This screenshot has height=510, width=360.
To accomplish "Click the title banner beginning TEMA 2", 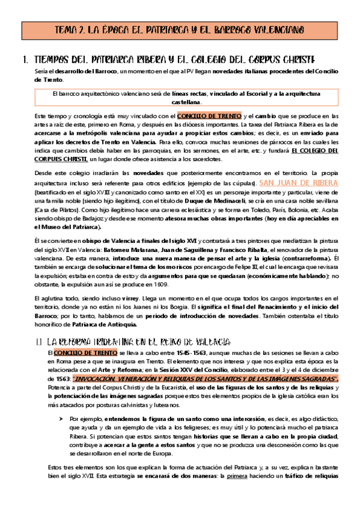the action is (180, 29).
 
